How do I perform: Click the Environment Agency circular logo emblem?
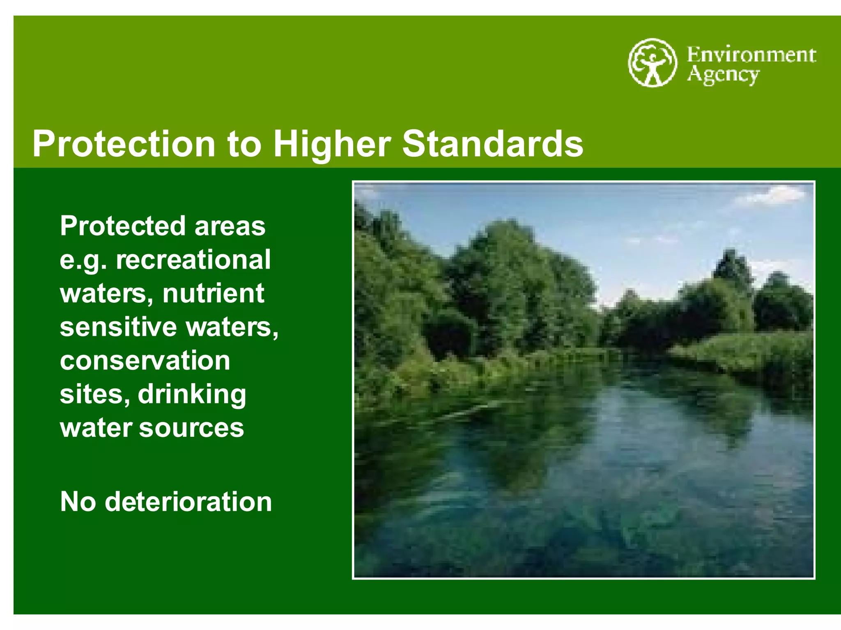652,62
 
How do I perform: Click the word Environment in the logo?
751,55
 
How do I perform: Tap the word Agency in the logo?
723,75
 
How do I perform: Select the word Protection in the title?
124,144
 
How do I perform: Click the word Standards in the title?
492,144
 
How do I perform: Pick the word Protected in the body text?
123,226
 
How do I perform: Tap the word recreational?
193,260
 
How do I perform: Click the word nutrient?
213,293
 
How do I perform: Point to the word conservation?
145,361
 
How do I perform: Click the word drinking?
192,395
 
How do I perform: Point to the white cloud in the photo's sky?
772,195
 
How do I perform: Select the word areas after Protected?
230,226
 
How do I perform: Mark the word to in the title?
244,144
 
